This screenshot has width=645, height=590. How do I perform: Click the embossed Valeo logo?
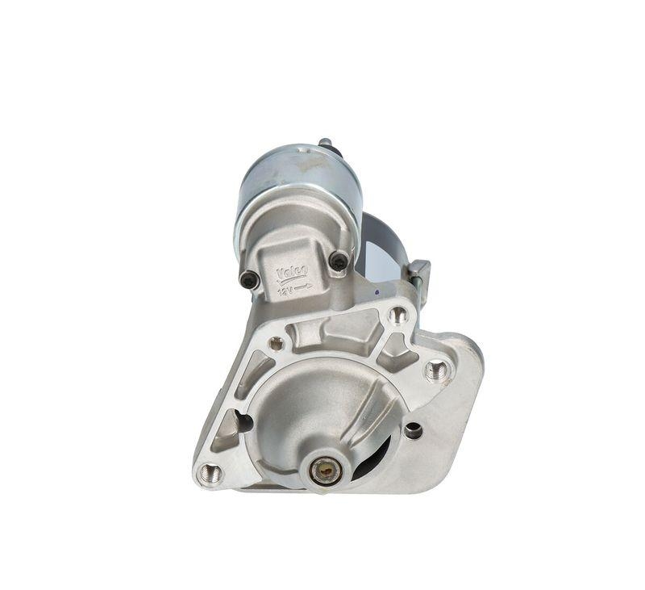(292, 272)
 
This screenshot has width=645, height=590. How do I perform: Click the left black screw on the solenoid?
(249, 280)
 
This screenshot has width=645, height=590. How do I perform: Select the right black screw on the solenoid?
(339, 261)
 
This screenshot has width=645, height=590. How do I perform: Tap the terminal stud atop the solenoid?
(326, 145)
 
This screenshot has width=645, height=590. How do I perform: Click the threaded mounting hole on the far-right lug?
(436, 370)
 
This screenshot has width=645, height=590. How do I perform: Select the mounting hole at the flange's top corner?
(397, 315)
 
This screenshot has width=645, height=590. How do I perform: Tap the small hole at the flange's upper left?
(277, 343)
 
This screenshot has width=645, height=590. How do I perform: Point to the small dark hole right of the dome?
(413, 430)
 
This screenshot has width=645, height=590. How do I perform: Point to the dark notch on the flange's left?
(240, 422)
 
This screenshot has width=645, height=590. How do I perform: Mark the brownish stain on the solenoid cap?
(310, 161)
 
